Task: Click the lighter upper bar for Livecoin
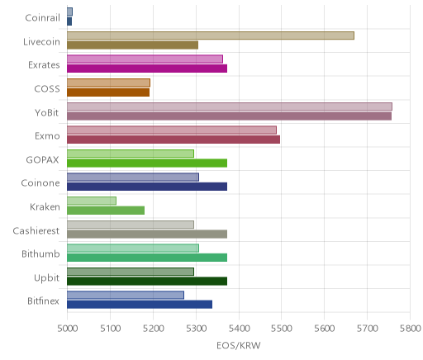[x=211, y=36]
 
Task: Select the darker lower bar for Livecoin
[x=132, y=45]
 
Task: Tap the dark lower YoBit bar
[x=229, y=116]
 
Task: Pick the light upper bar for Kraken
[x=92, y=201]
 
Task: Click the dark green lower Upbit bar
[x=147, y=282]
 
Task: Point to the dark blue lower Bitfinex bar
[x=140, y=305]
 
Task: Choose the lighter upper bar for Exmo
[x=172, y=130]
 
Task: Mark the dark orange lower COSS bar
[x=108, y=92]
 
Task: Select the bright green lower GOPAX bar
[x=147, y=163]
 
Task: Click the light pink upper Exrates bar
[x=145, y=59]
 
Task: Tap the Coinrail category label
[x=42, y=18]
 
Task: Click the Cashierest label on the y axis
[x=36, y=230]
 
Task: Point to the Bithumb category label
[x=40, y=253]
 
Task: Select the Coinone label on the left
[x=40, y=183]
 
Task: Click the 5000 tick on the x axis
[x=68, y=329]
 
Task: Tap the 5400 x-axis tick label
[x=239, y=329]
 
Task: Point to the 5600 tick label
[x=325, y=329]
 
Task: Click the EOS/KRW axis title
[x=239, y=345]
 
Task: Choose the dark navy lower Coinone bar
[x=147, y=187]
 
